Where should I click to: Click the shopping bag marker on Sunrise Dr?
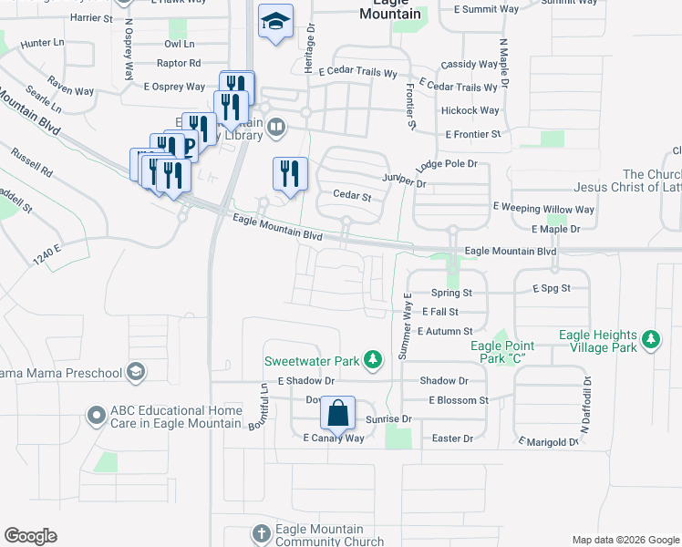point(338,413)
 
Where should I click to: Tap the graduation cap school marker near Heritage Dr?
point(274,21)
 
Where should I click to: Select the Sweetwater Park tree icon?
point(371,361)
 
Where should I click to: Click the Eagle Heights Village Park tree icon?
point(650,341)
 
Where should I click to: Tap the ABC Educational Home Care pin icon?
point(97,417)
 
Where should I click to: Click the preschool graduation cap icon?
point(136,372)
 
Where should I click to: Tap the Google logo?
point(30,536)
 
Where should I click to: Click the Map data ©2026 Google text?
point(625,540)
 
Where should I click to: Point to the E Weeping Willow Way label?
point(543,209)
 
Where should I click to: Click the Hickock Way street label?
point(470,111)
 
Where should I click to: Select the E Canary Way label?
point(334,439)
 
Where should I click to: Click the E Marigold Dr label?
point(548,442)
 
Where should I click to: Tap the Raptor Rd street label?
point(179,64)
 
